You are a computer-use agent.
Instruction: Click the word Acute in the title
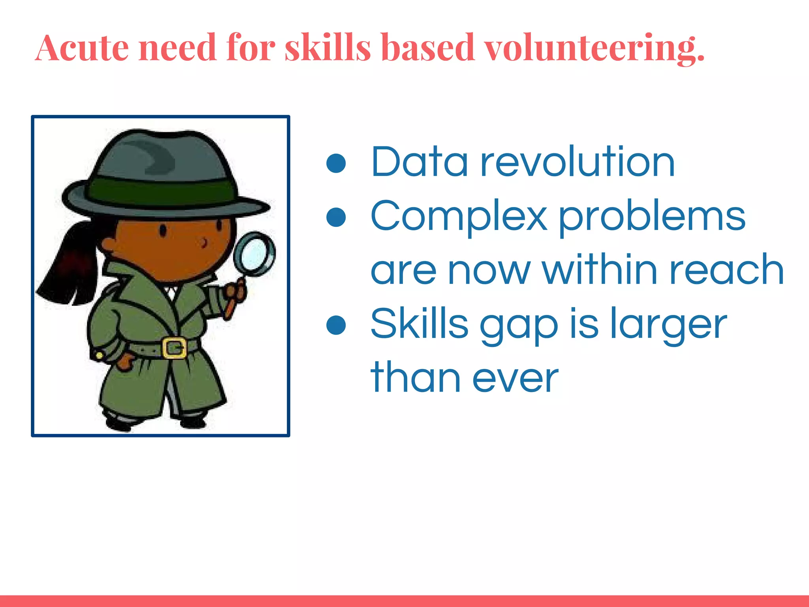coord(82,48)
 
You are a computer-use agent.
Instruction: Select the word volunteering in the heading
coord(594,49)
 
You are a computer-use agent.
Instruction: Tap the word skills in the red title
coord(328,48)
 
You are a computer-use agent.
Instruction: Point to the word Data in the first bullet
coord(419,162)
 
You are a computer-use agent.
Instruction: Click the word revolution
coord(577,162)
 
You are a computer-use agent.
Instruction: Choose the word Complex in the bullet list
coord(459,217)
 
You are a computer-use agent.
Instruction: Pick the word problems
coord(652,217)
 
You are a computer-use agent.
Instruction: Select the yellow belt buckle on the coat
coord(174,348)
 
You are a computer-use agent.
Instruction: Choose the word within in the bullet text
coord(600,270)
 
